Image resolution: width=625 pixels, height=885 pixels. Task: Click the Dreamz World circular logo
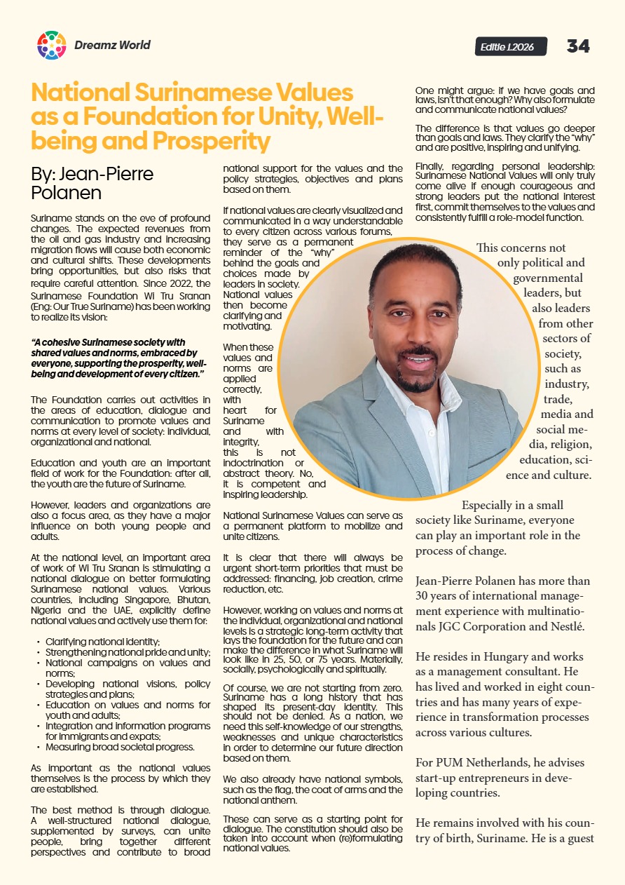[51, 46]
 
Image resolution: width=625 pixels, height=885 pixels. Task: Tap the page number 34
[578, 46]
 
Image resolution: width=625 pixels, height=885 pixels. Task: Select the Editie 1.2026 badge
[507, 47]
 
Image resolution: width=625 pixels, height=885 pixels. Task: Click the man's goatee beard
[417, 382]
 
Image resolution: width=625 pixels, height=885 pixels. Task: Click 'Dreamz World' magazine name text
[112, 46]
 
